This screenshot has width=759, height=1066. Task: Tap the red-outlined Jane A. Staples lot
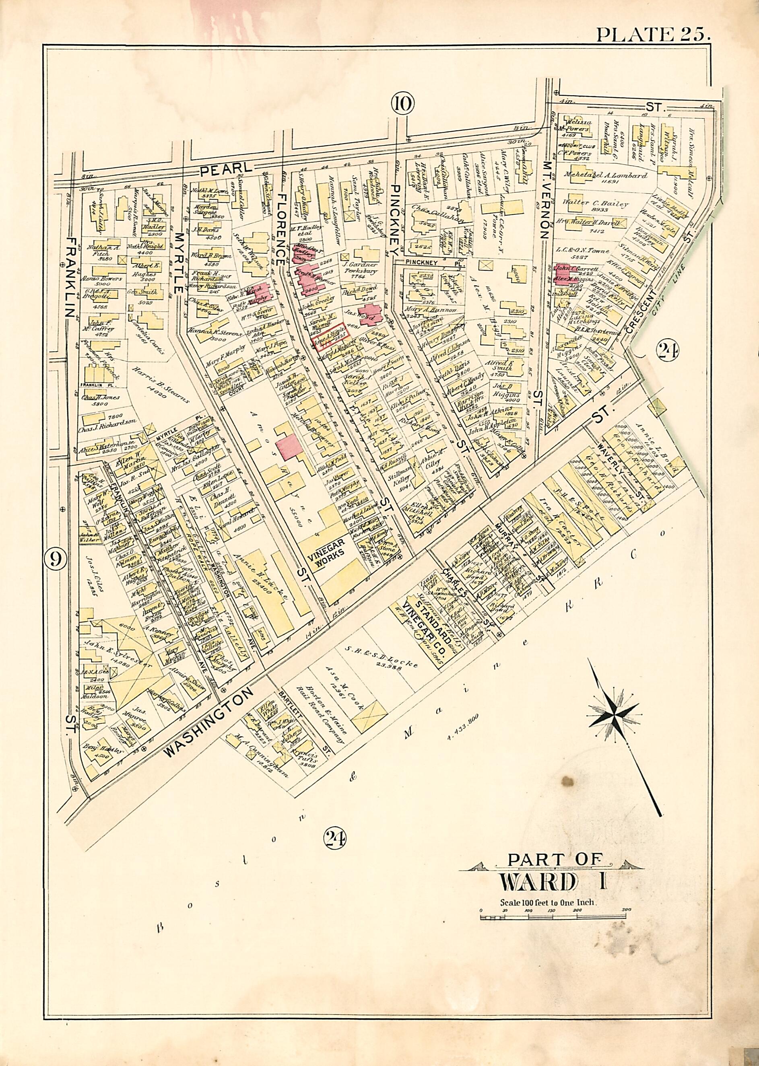click(328, 342)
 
